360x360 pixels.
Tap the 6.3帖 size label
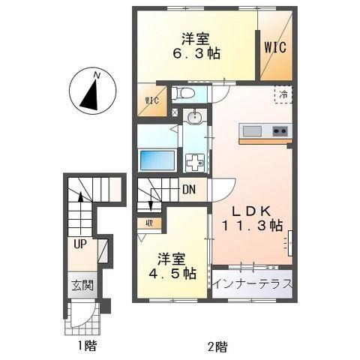(x=193, y=55)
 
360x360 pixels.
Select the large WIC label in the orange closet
(x=274, y=46)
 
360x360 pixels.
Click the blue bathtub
(x=157, y=160)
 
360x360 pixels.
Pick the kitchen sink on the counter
(x=252, y=132)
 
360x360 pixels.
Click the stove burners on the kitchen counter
(x=279, y=132)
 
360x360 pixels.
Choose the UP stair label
(x=79, y=243)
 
